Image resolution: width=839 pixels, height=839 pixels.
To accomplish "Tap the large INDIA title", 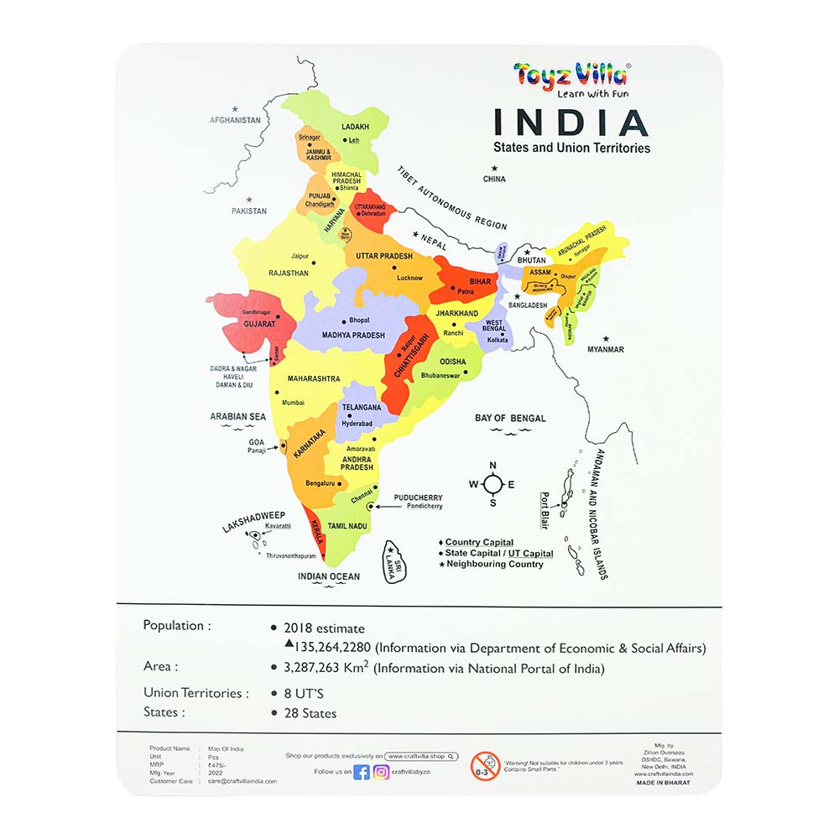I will point(571,122).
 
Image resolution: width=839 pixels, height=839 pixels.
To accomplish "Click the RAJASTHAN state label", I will point(289,273).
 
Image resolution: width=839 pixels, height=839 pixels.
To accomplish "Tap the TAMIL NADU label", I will point(347,526).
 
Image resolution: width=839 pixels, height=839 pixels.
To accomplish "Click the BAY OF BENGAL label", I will point(510,418).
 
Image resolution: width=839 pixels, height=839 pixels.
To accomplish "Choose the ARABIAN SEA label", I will point(237,416).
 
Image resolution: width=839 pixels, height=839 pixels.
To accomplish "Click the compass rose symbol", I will point(492,483).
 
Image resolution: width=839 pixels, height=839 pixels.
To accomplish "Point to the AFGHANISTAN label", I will point(235,120).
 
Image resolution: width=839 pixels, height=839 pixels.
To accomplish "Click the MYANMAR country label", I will point(606,350).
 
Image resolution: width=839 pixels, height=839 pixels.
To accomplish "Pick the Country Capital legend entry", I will point(479,543).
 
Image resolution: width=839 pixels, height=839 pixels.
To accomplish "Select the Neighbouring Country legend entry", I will point(494,565).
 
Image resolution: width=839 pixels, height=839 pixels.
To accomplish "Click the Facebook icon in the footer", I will point(362,772).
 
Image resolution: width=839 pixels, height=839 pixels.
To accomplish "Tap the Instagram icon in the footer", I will point(382,772).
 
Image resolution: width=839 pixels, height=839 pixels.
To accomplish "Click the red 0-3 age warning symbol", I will point(485,765).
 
